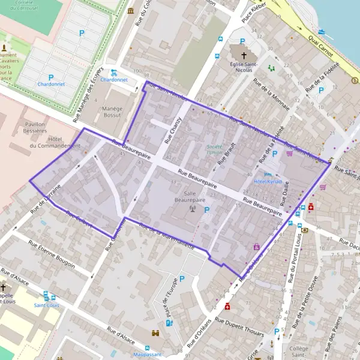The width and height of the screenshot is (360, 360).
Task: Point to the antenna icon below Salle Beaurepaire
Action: (193, 209)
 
